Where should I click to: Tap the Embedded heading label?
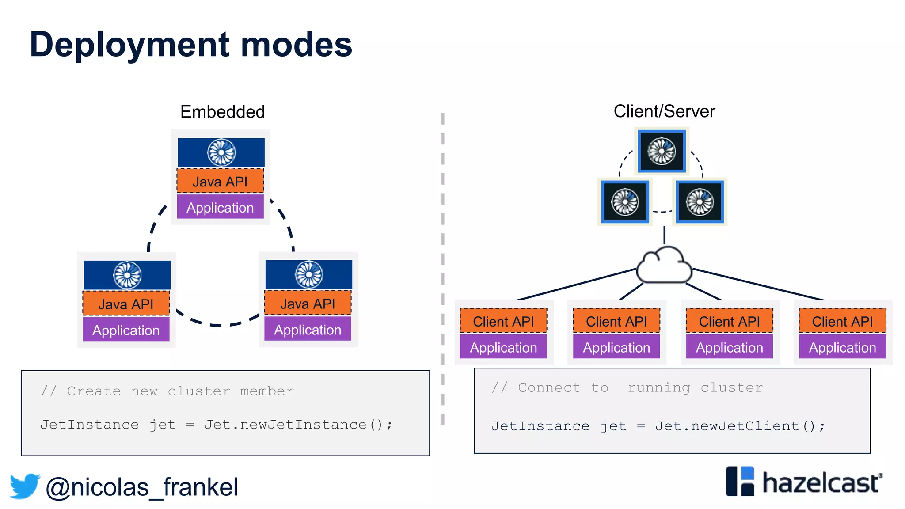click(x=222, y=112)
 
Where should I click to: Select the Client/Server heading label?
click(x=664, y=111)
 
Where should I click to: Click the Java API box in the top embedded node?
click(x=220, y=181)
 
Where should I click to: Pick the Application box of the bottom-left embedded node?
click(x=126, y=330)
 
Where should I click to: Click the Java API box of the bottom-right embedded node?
click(x=308, y=304)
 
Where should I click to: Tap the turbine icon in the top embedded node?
click(x=221, y=152)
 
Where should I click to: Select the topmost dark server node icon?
click(x=662, y=151)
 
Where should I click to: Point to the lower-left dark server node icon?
click(x=625, y=202)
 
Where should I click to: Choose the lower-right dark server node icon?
click(x=700, y=202)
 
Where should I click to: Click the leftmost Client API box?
click(x=503, y=321)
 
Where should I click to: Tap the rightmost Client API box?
click(x=842, y=321)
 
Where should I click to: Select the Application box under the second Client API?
click(x=616, y=347)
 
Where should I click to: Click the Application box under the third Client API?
click(x=729, y=347)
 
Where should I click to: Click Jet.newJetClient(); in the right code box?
click(x=740, y=426)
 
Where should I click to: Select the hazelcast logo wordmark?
click(x=821, y=482)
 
